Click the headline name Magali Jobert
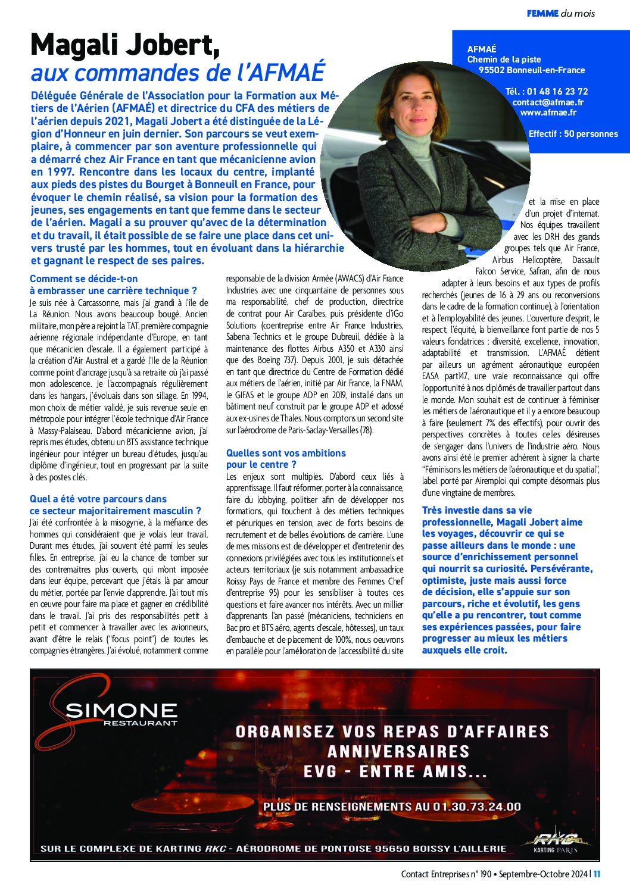click(x=124, y=45)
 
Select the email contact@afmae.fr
click(x=548, y=102)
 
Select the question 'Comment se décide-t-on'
click(x=83, y=279)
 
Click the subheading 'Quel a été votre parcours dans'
click(x=98, y=499)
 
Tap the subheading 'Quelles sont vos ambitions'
click(x=286, y=453)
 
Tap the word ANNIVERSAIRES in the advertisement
click(x=398, y=751)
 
